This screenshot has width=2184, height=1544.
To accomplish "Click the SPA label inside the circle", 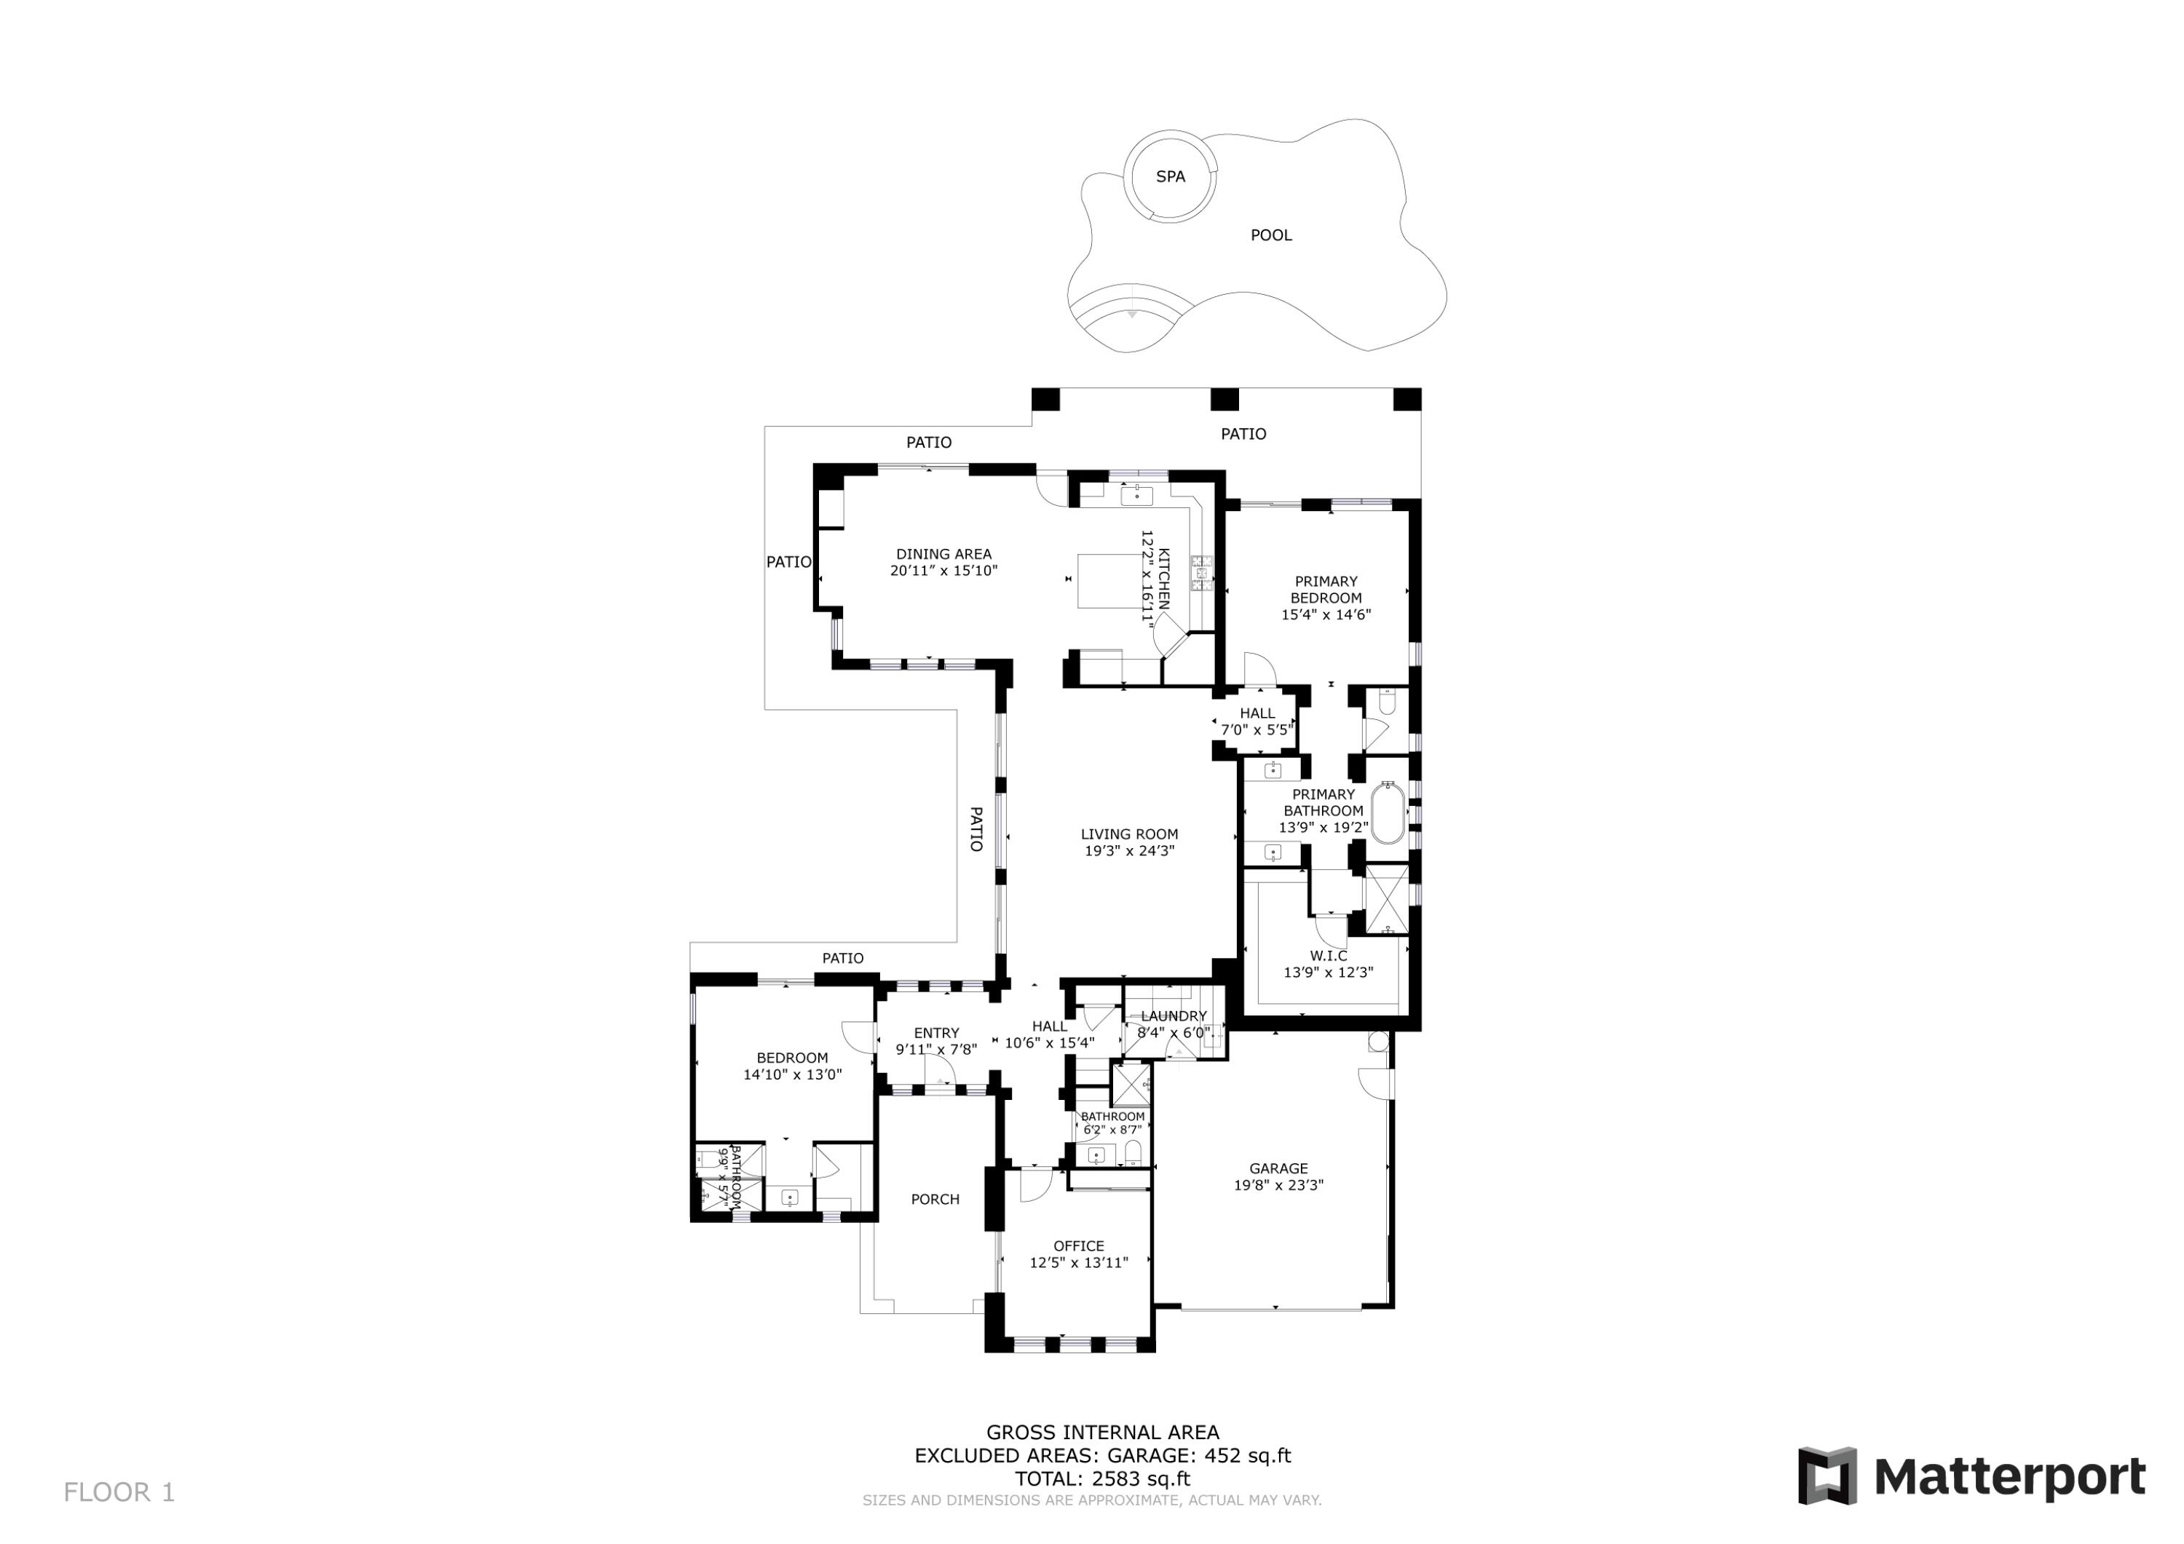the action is [x=1170, y=176].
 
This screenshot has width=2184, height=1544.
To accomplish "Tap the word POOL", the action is [x=1271, y=235].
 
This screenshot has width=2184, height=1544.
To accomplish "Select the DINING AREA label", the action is [x=943, y=554].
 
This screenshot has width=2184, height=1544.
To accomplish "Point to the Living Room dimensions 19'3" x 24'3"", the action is [x=1130, y=850].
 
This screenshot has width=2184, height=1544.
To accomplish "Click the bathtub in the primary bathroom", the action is [x=1388, y=812].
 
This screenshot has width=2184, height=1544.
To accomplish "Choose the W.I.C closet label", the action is [x=1328, y=955].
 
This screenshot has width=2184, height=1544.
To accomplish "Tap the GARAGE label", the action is [x=1278, y=1168].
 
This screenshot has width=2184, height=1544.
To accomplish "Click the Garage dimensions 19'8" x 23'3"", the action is [x=1278, y=1185].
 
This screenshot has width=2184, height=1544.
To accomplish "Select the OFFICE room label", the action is [x=1079, y=1246].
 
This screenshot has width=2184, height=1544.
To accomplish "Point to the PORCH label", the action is [x=935, y=1200].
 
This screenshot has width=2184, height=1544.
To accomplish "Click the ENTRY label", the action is [x=936, y=1033].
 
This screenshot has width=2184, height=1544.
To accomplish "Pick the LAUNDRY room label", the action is [x=1173, y=1016].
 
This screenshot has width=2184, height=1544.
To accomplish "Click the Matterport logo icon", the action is [x=1827, y=1476].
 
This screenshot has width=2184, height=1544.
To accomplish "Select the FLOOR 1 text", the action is [x=119, y=1492].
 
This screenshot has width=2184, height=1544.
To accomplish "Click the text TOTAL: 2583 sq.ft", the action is [x=1102, y=1479].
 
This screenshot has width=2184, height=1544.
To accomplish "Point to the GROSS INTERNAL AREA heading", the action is [x=1102, y=1433].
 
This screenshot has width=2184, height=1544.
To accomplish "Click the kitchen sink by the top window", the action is [x=1136, y=494].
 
